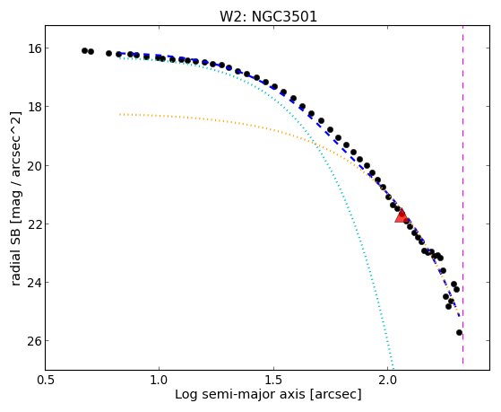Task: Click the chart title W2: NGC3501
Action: [268, 16]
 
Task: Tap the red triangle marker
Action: [402, 216]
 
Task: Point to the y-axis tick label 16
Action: [34, 48]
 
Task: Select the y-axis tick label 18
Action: [34, 107]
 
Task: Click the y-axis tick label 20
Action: [34, 165]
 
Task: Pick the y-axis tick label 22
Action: [34, 224]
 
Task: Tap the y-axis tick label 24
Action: [34, 283]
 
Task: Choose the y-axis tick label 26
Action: [34, 341]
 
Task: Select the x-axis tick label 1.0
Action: [160, 380]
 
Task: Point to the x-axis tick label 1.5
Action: [273, 380]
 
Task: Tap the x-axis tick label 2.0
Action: [387, 380]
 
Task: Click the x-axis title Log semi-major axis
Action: [240, 394]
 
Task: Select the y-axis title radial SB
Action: [15, 256]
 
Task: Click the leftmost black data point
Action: [84, 50]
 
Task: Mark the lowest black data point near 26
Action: [460, 333]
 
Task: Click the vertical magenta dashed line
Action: [463, 196]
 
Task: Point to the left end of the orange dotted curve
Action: [120, 114]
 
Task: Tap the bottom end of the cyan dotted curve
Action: [393, 368]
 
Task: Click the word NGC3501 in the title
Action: [284, 16]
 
